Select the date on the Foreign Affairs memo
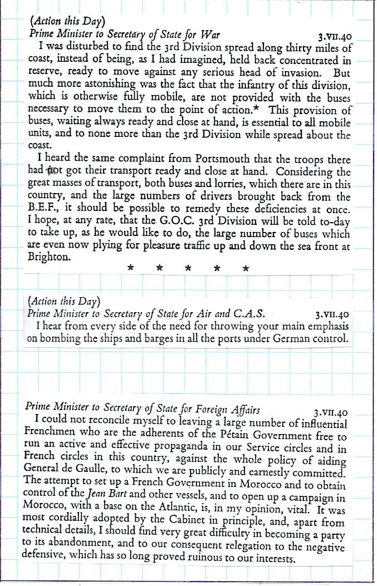(x=330, y=413)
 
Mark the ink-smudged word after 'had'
(x=53, y=171)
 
